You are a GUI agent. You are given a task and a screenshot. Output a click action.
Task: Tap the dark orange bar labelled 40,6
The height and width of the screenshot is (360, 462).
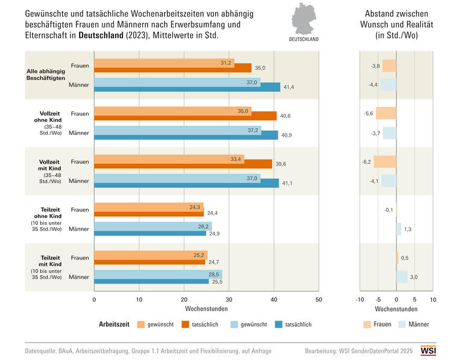coord(186,116)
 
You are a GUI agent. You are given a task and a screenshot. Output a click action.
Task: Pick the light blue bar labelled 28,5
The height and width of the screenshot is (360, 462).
coord(158,274)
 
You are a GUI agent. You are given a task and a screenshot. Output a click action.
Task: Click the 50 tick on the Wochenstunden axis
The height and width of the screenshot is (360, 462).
coord(319,299)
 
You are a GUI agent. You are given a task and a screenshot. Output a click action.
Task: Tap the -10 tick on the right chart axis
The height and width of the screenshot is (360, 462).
coord(360,299)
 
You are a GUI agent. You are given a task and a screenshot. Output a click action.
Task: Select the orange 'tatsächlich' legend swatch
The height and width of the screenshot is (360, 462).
coord(187,324)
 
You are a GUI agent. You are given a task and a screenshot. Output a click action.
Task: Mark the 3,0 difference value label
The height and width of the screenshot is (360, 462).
coord(414,277)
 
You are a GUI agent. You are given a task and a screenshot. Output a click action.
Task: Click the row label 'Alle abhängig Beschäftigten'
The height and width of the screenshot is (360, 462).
coord(50,75)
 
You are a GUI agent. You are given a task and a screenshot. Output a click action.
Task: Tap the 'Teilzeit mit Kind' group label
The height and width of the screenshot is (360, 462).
coord(50,261)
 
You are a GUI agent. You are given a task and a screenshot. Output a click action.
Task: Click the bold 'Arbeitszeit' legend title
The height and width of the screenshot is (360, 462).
coord(115,324)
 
